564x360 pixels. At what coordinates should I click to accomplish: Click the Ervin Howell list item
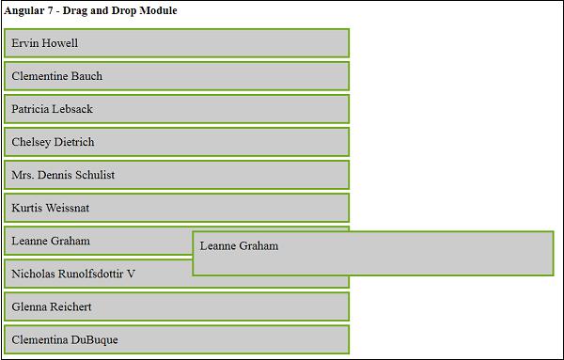click(177, 43)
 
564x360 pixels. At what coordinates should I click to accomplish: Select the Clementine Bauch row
click(177, 76)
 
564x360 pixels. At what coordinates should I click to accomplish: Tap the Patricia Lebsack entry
click(177, 109)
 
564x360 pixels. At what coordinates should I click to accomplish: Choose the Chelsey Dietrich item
click(177, 142)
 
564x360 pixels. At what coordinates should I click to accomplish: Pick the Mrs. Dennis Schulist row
click(177, 175)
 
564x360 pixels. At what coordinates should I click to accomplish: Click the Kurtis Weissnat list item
click(177, 208)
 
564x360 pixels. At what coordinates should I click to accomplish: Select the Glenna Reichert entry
click(177, 306)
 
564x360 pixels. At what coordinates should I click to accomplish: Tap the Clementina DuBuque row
click(177, 339)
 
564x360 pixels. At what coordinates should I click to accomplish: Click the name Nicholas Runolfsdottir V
click(73, 274)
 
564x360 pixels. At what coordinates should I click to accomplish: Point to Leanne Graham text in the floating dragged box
click(239, 246)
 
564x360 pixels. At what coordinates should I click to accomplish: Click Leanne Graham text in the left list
click(51, 241)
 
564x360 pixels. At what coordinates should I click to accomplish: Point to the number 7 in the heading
click(54, 10)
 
